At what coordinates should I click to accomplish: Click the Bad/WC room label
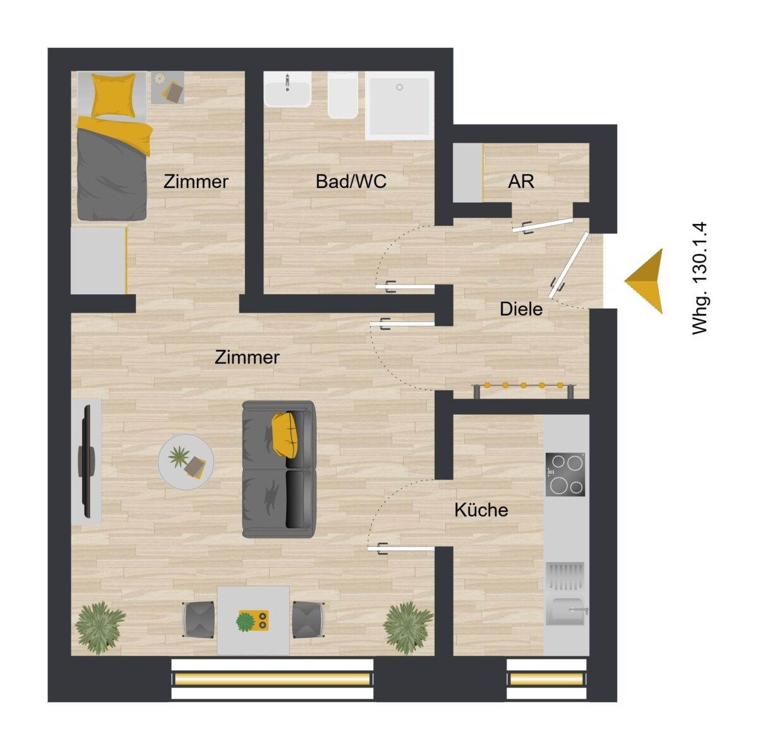(x=351, y=181)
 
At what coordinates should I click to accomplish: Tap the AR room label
(x=520, y=181)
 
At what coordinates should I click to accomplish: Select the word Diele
(x=520, y=309)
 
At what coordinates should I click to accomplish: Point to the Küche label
(x=481, y=509)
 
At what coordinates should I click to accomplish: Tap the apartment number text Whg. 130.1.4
(x=700, y=279)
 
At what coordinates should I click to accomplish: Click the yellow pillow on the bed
(x=113, y=95)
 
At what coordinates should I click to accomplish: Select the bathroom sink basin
(x=288, y=93)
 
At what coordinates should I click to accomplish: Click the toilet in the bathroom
(x=343, y=97)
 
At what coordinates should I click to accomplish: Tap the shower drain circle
(x=400, y=87)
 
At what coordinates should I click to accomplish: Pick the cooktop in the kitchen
(x=565, y=474)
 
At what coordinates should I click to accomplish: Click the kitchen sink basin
(x=565, y=611)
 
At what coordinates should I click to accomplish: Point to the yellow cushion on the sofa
(x=284, y=434)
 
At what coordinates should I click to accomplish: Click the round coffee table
(x=186, y=461)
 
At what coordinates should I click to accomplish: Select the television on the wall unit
(x=87, y=461)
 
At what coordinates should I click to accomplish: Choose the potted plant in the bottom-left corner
(x=99, y=628)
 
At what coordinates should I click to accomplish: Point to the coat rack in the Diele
(x=524, y=390)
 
